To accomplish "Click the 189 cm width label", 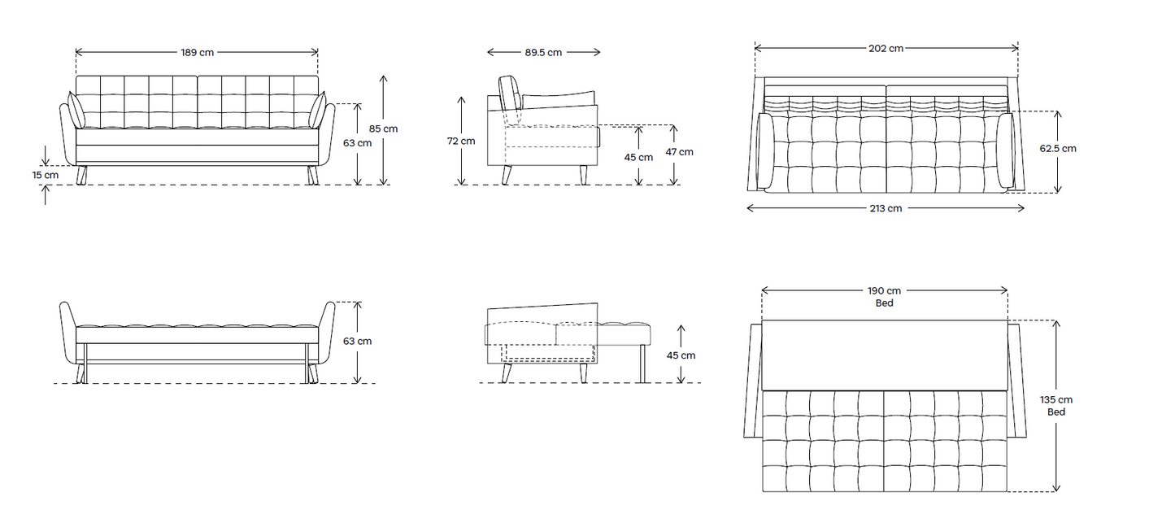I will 197,52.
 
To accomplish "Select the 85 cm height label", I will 384,128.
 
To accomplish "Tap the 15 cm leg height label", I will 46,174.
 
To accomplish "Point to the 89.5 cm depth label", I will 543,52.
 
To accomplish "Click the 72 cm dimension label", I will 461,141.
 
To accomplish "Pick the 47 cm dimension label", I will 680,152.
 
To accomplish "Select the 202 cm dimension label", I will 886,48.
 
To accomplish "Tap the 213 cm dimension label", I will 886,208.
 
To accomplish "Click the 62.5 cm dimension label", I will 1058,149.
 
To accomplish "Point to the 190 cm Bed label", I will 885,297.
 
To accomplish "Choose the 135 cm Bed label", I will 1056,406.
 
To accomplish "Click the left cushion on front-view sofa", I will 76,111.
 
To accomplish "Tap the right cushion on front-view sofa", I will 318,111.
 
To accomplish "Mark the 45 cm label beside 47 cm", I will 638,157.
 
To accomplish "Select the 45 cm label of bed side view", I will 681,355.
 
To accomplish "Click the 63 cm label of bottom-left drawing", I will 357,341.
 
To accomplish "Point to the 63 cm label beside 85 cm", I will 357,143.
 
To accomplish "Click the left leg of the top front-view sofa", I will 81,176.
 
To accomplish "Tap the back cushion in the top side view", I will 511,94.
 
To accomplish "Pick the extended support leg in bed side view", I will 643,363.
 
